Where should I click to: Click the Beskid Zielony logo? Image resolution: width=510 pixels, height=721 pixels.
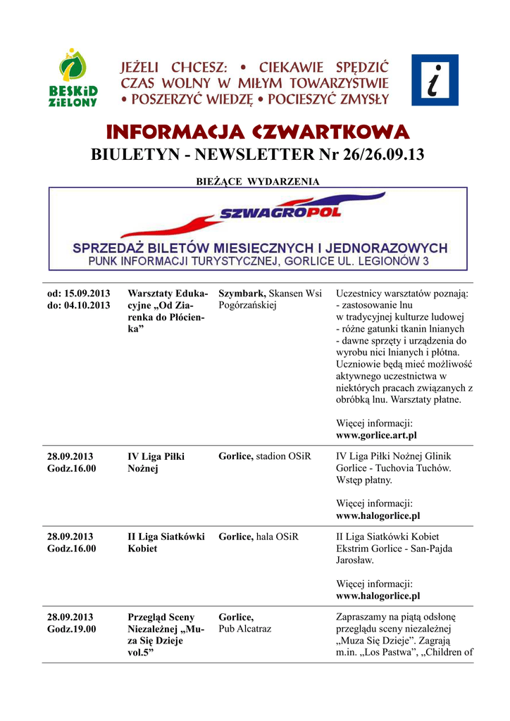[77, 78]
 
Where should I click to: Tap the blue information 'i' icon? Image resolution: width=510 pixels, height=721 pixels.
[434, 80]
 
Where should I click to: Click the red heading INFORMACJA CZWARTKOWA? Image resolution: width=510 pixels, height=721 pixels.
[257, 132]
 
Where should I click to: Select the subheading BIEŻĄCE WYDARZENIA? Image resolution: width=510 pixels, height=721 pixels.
[257, 182]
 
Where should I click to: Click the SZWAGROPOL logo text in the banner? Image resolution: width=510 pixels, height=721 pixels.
[280, 212]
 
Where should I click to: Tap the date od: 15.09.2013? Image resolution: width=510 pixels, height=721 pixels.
[79, 293]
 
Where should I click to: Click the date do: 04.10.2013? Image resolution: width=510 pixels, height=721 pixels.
[79, 306]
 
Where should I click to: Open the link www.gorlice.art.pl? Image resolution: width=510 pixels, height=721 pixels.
[376, 436]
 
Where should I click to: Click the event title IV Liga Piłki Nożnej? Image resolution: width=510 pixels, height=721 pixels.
[156, 463]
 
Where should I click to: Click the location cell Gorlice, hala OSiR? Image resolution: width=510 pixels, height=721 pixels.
[259, 537]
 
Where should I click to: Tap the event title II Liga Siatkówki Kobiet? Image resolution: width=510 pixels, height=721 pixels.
[166, 542]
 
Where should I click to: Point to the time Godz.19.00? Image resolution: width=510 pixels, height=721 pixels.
[71, 629]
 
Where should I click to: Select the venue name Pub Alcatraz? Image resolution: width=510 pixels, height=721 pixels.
[244, 629]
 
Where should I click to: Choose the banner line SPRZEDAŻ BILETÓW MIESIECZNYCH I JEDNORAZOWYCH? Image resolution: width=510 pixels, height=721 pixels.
[261, 248]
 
